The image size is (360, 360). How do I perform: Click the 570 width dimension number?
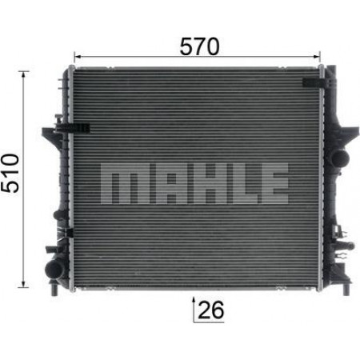click(x=199, y=46)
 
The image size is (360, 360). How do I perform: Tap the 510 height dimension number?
click(x=10, y=173)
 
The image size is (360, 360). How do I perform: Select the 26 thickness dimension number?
click(x=211, y=310)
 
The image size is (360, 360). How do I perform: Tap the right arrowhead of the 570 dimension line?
click(x=317, y=57)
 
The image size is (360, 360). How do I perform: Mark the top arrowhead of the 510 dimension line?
click(x=24, y=75)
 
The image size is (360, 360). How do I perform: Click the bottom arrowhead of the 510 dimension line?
click(x=24, y=284)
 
